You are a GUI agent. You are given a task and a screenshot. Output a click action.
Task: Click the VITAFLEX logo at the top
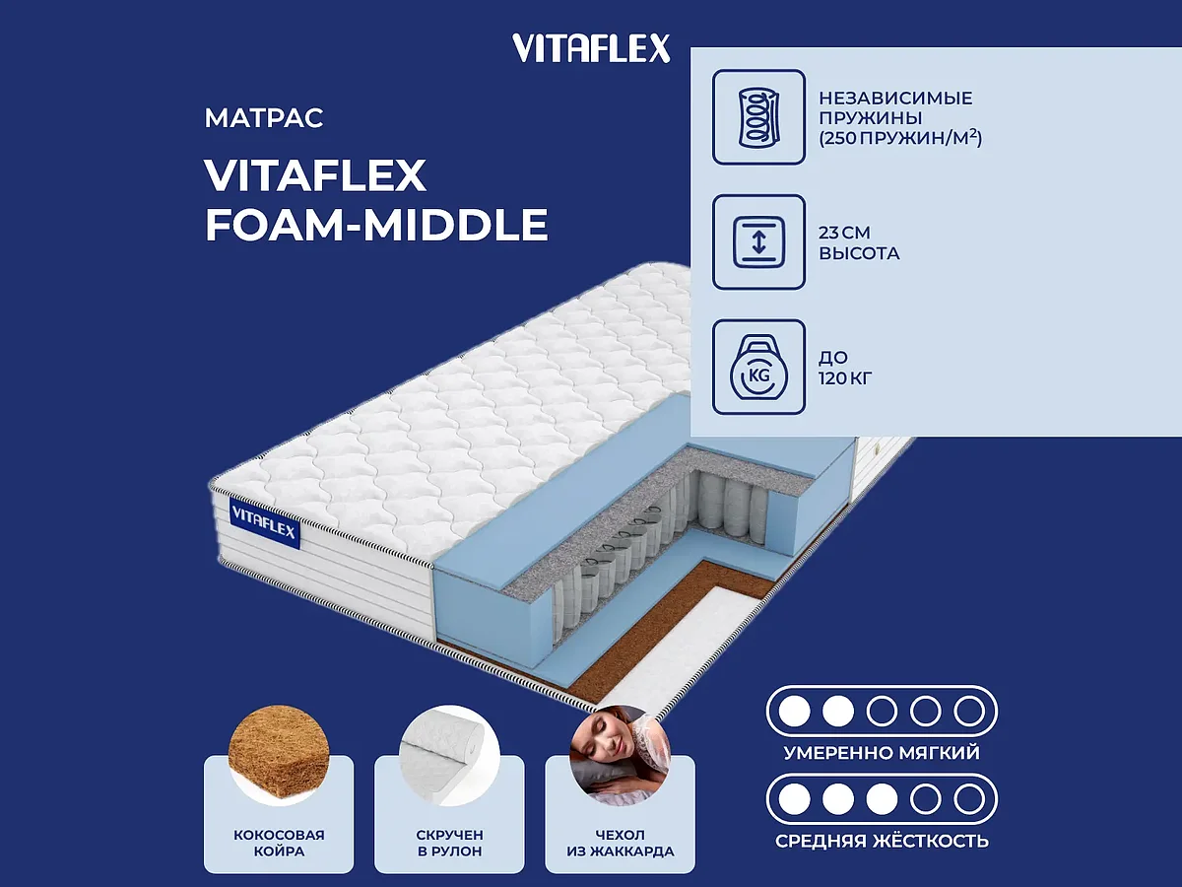point(591,47)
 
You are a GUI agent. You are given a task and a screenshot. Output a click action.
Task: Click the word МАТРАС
point(264,119)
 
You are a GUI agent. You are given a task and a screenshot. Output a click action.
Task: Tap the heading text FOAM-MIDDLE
point(376,225)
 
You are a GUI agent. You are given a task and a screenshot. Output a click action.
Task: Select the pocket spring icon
point(758,116)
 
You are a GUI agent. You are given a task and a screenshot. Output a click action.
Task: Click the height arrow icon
point(758,242)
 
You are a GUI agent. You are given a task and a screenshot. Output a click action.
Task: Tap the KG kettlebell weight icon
point(758,367)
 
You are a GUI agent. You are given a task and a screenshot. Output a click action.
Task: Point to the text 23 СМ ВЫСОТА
point(859,243)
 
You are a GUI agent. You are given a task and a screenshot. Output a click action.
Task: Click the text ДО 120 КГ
point(846,367)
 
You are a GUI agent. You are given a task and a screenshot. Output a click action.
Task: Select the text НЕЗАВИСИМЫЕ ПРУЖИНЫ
point(895,107)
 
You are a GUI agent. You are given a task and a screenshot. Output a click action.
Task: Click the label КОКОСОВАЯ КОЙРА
point(279,843)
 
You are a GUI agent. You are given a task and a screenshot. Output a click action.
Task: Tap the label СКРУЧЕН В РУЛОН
point(449,843)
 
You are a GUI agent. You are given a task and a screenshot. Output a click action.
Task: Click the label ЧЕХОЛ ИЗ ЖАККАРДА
point(621,843)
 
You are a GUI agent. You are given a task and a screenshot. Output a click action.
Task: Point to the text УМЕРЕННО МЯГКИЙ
point(882,753)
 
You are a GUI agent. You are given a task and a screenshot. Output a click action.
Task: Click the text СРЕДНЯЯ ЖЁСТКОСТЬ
point(882,841)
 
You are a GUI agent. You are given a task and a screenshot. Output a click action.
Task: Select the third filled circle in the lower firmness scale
point(882,798)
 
